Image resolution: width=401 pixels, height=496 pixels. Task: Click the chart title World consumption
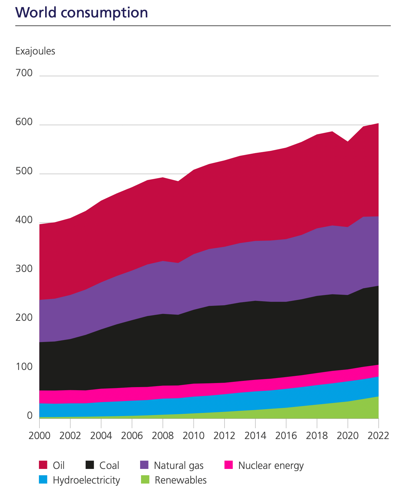click(x=82, y=12)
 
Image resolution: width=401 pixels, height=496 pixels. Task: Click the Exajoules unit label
click(x=35, y=51)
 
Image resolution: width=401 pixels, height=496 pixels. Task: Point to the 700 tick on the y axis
click(x=24, y=73)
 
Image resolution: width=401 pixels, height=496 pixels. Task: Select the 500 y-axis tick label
click(x=24, y=171)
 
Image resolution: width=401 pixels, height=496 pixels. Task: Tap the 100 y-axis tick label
click(x=24, y=367)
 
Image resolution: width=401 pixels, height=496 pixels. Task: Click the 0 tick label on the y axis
click(x=30, y=416)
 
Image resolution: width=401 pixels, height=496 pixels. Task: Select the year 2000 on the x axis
click(x=39, y=435)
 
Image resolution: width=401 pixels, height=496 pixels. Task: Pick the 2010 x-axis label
click(x=194, y=435)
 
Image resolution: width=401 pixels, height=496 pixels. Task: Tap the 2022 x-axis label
click(x=378, y=435)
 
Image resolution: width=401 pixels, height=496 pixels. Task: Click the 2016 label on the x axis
click(x=286, y=435)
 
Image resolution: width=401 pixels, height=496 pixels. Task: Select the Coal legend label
click(x=109, y=466)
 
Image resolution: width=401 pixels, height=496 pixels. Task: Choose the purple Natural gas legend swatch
click(x=144, y=465)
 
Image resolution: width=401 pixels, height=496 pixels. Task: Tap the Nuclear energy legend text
click(x=271, y=466)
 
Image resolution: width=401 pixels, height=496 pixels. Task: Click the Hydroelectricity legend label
click(x=86, y=480)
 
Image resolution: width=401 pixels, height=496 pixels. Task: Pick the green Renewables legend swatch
click(x=144, y=480)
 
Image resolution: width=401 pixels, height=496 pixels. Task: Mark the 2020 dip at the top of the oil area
click(x=348, y=142)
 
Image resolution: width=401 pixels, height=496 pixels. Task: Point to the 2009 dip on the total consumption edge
click(x=178, y=181)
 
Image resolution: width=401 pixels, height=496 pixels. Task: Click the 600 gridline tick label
click(x=24, y=122)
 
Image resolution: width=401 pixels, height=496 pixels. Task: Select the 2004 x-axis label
click(x=101, y=435)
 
